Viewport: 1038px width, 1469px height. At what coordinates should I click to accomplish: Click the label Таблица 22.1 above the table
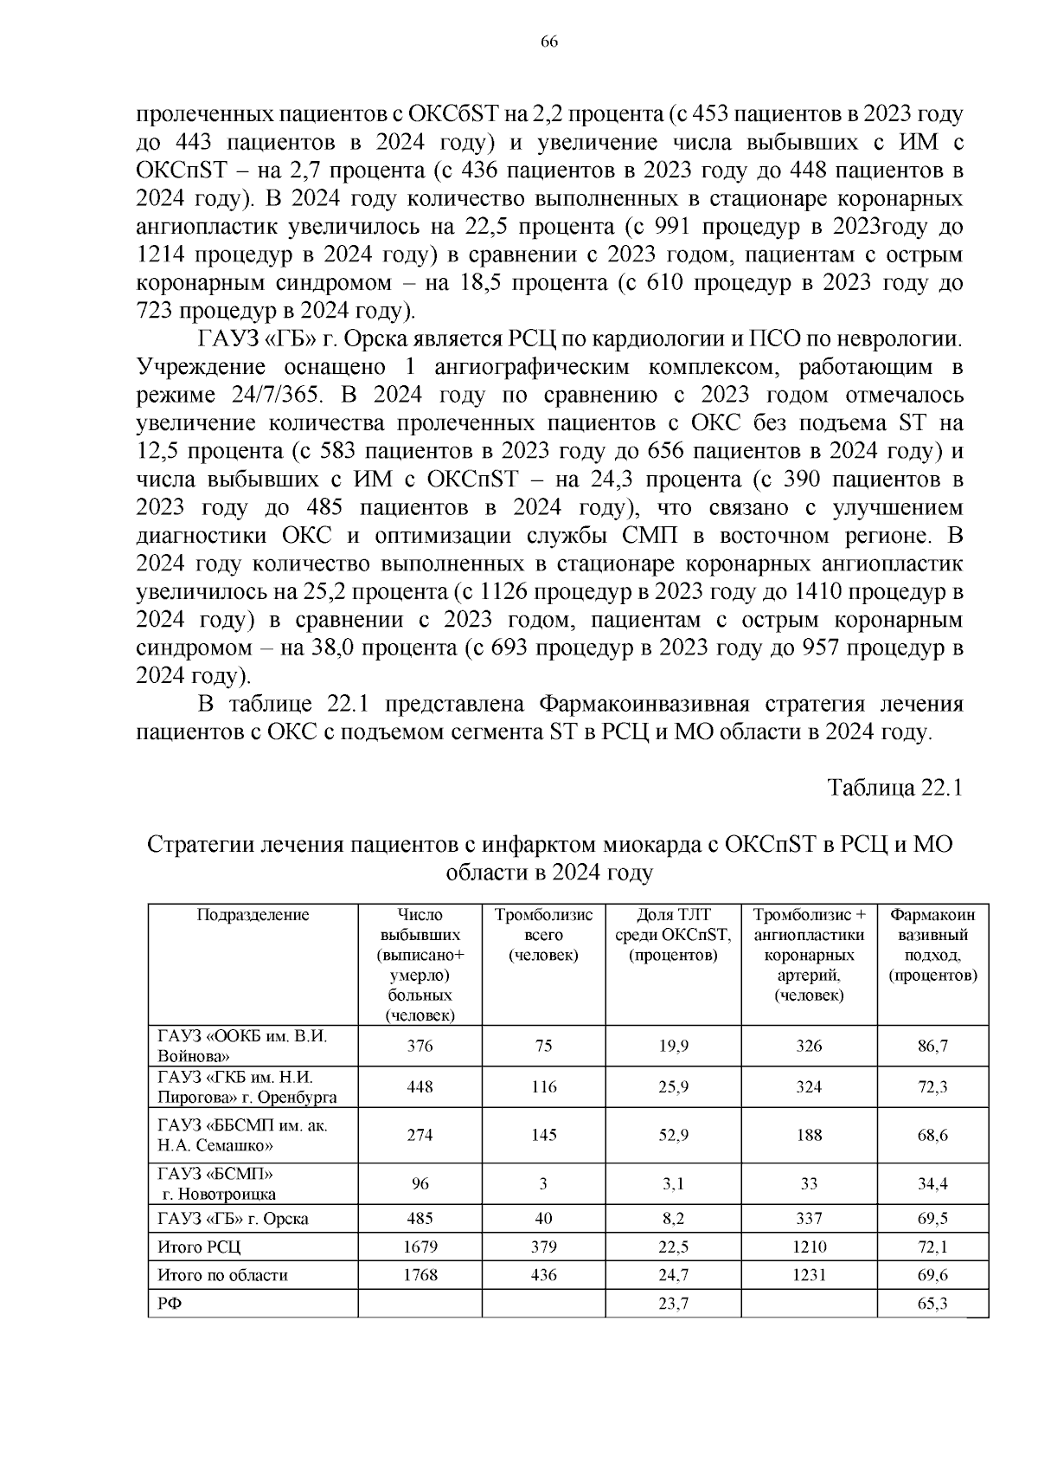tap(894, 788)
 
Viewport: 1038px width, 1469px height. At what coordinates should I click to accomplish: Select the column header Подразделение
tap(253, 915)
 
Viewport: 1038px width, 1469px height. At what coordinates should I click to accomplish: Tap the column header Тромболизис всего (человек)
tap(543, 935)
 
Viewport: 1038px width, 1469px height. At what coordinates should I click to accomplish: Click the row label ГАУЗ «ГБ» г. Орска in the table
tap(233, 1219)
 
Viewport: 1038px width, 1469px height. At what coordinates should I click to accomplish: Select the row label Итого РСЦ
tap(199, 1247)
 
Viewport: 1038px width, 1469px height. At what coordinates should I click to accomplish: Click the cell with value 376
tap(420, 1046)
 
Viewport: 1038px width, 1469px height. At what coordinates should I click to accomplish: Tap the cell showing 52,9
tap(673, 1135)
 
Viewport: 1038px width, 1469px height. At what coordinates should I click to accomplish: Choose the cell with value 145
tap(543, 1135)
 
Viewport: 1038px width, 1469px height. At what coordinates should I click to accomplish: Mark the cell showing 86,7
tap(932, 1046)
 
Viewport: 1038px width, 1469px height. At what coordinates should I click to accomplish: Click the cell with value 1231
tap(809, 1275)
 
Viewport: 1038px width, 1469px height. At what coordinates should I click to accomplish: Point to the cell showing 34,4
tap(932, 1183)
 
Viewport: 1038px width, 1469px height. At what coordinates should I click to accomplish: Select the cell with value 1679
tap(420, 1247)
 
